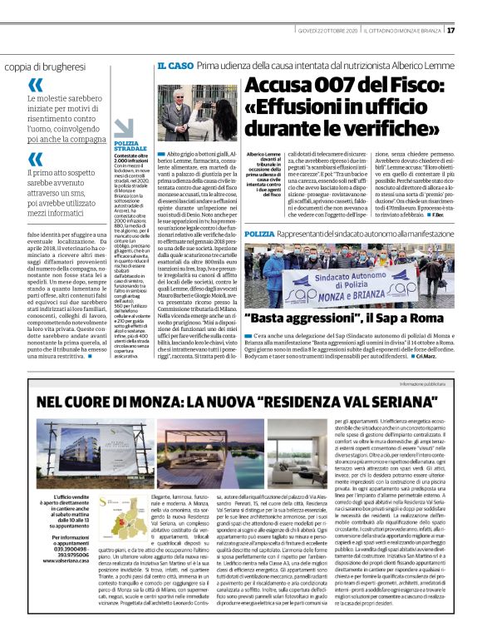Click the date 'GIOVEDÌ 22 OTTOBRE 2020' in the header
click(326, 31)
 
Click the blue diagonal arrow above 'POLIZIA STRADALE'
click(123, 128)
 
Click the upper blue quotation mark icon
click(35, 85)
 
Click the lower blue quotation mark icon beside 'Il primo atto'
click(35, 154)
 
